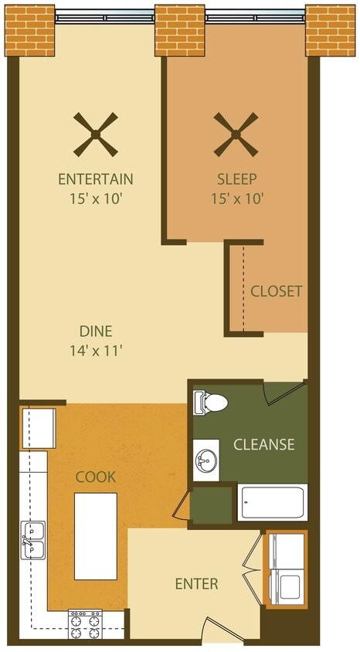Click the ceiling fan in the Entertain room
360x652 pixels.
tap(96, 134)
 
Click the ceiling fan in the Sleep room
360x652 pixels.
tap(236, 134)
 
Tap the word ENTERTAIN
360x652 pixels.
tap(96, 179)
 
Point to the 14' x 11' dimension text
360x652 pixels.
tap(96, 350)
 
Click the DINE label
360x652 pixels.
tap(96, 331)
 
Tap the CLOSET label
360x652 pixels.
tap(276, 291)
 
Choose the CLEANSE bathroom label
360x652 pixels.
tap(263, 444)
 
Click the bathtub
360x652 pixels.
tap(273, 502)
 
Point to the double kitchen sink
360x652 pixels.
tap(33, 538)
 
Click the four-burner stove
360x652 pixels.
tap(85, 623)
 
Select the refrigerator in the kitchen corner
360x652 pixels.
tap(38, 427)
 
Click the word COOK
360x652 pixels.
tap(96, 477)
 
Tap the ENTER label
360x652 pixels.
tap(196, 583)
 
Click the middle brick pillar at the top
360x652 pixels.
tap(180, 30)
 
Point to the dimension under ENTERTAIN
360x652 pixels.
tap(96, 198)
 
